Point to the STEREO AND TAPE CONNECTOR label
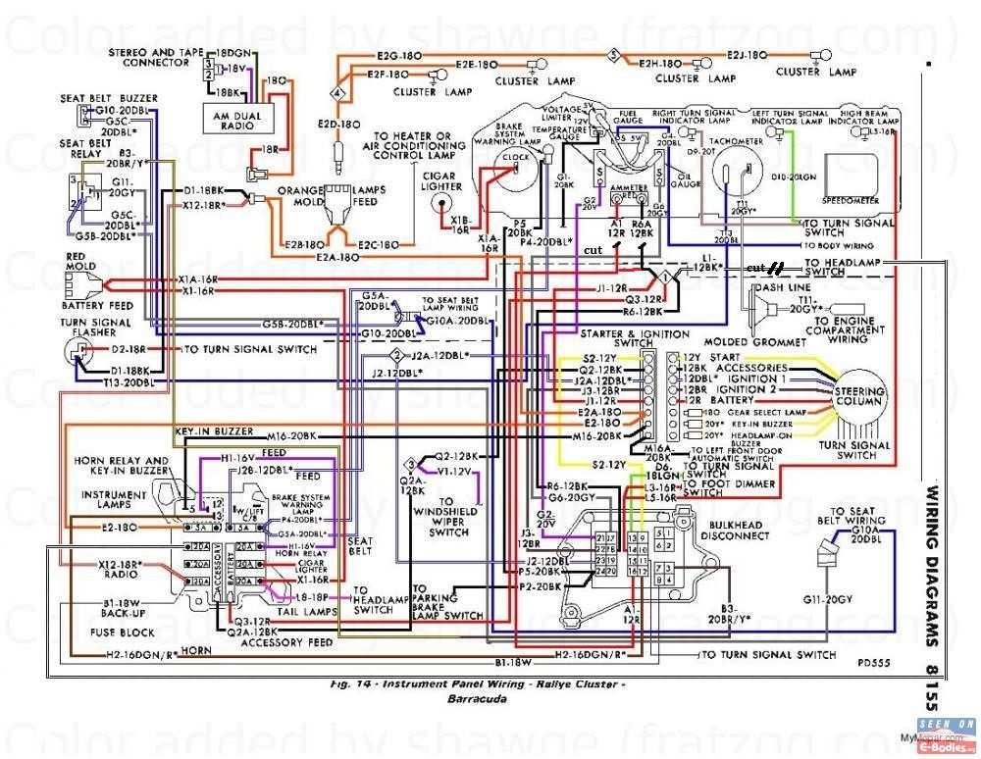pos(149,55)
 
